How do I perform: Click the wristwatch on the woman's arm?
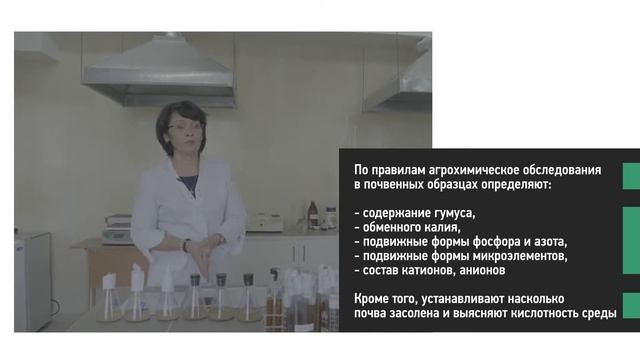pos(186,245)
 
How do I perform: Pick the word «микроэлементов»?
pos(513,255)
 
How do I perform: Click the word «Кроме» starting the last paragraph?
pos(374,298)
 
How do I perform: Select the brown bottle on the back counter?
pos(313,214)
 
